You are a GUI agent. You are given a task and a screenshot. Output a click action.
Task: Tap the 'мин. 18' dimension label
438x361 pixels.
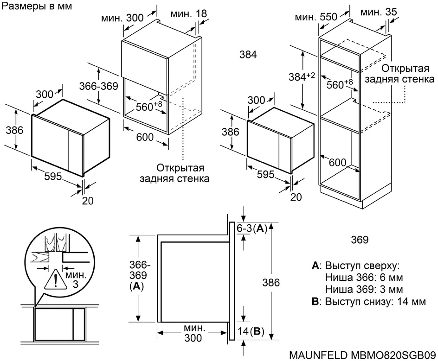tap(188, 14)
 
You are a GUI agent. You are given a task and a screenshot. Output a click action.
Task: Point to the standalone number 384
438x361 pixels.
tap(248, 54)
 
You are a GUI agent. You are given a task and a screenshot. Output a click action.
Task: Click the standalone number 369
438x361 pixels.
tap(360, 240)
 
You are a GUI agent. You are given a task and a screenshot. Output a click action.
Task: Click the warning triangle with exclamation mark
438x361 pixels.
tap(56, 280)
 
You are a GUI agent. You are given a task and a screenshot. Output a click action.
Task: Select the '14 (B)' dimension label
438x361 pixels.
tap(251, 331)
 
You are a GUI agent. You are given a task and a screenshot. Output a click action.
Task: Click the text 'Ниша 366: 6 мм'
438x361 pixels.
tap(364, 278)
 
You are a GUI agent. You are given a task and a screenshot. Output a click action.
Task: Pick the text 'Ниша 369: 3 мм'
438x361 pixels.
tap(364, 290)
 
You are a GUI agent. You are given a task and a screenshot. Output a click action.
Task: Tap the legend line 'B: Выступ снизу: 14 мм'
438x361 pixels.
tap(369, 302)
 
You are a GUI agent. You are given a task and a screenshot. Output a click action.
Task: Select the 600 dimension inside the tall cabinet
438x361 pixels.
tap(337, 163)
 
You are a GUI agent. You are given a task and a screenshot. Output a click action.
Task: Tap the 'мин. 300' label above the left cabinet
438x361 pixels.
tap(122, 19)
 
